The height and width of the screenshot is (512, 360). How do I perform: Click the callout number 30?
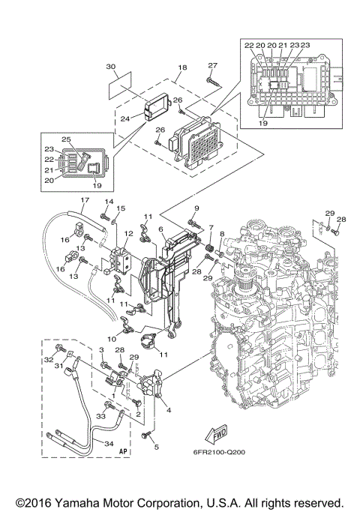click(x=111, y=67)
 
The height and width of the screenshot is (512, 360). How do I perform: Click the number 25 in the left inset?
click(x=67, y=140)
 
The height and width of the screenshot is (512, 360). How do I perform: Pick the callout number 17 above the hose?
click(x=85, y=200)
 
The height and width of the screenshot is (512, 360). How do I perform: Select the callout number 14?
click(x=108, y=202)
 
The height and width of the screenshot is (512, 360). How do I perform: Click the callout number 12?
click(x=128, y=233)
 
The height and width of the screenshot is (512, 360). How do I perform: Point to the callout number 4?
click(x=167, y=409)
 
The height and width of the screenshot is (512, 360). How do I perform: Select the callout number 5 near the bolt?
click(x=156, y=448)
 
